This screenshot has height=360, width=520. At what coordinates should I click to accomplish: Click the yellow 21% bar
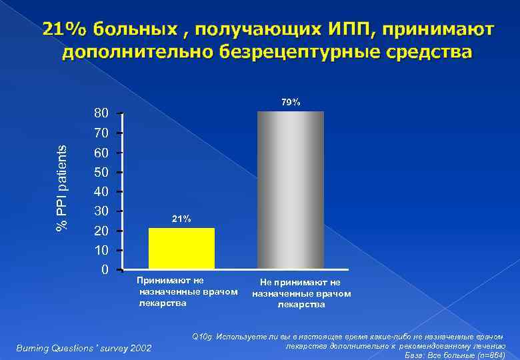[x=181, y=249]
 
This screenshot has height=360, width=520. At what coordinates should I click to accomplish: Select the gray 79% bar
[x=290, y=190]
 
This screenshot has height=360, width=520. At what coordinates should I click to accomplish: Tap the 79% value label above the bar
[x=290, y=102]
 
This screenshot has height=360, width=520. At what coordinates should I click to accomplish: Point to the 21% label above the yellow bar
[x=181, y=219]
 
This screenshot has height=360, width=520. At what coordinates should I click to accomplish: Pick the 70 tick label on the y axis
[x=101, y=133]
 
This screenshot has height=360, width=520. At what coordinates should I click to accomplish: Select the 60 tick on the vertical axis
[x=101, y=153]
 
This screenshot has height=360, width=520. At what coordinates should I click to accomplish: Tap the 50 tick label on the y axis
[x=101, y=173]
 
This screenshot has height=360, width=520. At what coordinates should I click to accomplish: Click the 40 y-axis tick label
[x=101, y=193]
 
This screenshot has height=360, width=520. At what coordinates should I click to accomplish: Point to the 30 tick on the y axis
[x=101, y=212]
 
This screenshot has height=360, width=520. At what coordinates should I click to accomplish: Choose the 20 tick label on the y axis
[x=101, y=231]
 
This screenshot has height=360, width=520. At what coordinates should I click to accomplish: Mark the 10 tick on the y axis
[x=101, y=251]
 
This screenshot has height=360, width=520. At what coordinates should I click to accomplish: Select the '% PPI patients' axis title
[x=62, y=189]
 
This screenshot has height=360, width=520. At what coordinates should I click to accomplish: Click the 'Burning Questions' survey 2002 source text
[x=84, y=348]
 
